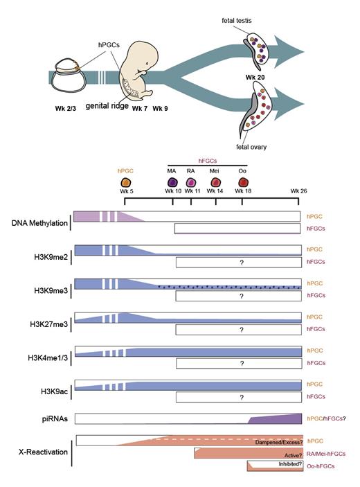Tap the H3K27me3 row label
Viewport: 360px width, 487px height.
point(50,324)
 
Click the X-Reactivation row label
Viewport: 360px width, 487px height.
point(44,452)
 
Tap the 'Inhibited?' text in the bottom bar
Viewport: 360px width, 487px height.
point(273,463)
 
